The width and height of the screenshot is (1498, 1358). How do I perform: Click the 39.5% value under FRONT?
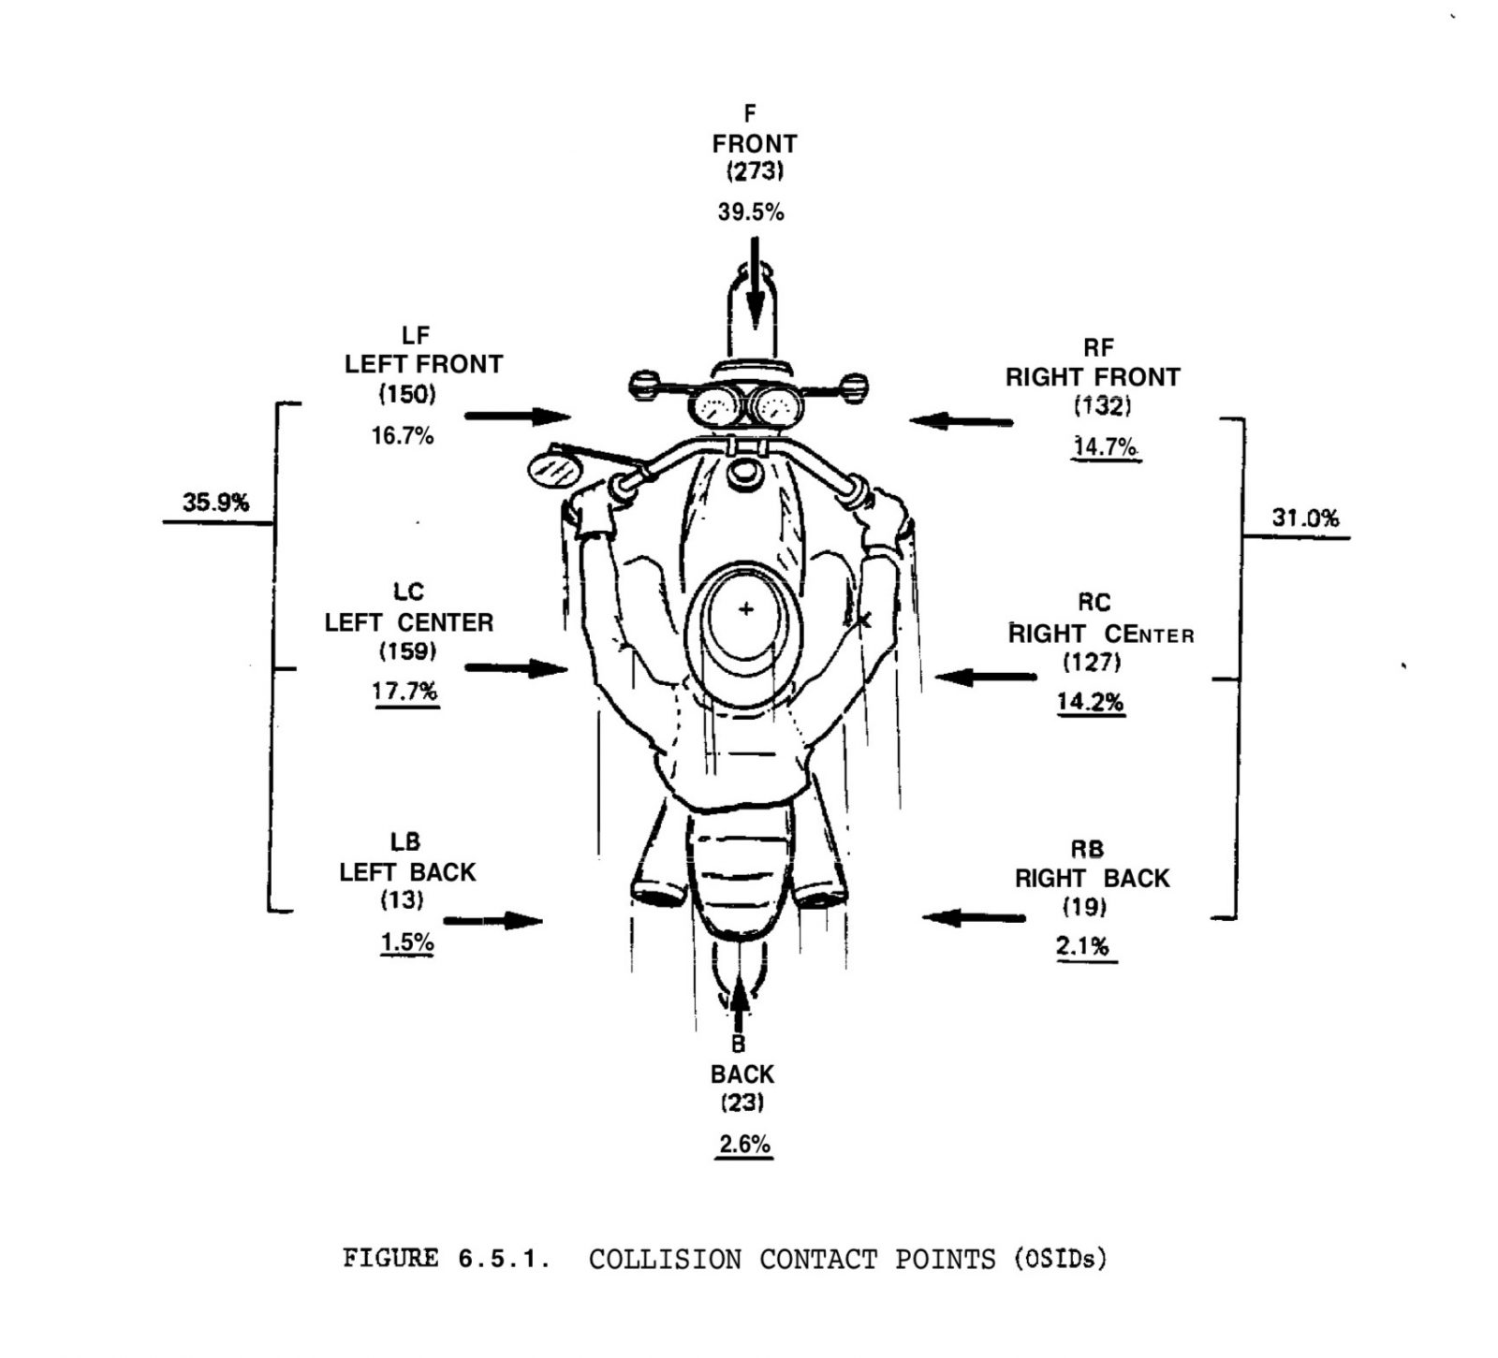coord(750,212)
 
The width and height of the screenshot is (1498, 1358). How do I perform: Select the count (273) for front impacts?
coord(755,171)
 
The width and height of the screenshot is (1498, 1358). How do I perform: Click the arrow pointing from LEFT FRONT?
coord(518,416)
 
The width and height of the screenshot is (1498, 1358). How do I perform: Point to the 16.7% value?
coord(403,435)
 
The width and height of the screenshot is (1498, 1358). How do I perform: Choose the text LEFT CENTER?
coord(409,622)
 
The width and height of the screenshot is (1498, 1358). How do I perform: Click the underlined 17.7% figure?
coord(405,692)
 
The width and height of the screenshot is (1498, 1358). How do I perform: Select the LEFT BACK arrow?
coord(492,920)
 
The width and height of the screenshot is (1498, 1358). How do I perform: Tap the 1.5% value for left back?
coord(407,942)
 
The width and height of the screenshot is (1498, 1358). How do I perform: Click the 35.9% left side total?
coord(216,503)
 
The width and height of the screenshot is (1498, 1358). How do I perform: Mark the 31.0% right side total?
coord(1305,518)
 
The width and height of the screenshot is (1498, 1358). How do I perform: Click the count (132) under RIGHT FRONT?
coord(1103,406)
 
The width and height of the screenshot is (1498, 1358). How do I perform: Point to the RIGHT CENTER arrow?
coord(986,676)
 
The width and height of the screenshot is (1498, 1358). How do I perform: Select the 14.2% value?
coord(1091,701)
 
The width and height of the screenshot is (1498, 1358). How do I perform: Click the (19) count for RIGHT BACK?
coord(1085,906)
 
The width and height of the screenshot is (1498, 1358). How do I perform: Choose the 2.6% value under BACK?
coord(744,1144)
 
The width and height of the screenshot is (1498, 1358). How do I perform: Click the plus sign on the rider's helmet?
coord(746,609)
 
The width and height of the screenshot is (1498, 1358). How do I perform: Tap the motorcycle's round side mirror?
coord(553,469)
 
